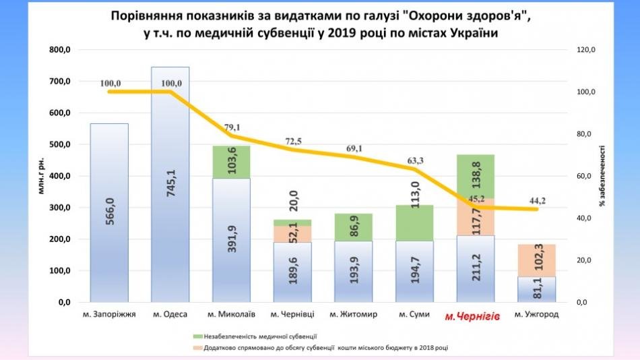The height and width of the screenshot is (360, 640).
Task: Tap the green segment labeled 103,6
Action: pos(231,162)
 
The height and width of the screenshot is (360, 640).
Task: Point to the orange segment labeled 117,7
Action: pos(476,217)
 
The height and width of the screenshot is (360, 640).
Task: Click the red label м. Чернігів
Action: pos(472,316)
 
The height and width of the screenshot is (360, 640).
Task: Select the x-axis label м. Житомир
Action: pos(354,314)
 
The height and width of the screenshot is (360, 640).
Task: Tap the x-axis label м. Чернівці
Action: pos(292,314)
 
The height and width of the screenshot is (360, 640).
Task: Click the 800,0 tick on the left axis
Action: pos(59,50)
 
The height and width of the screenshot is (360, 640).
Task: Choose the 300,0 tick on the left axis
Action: pos(59,208)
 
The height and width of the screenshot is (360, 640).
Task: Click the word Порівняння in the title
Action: pos(146,17)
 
